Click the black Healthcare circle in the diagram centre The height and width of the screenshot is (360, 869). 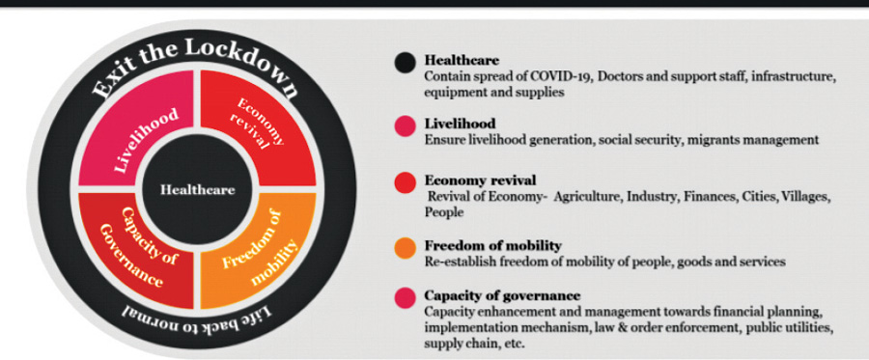click(197, 189)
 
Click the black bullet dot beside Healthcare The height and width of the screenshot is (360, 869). click(406, 62)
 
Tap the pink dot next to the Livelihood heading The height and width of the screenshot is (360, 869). click(406, 125)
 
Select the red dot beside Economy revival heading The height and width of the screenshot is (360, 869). click(406, 183)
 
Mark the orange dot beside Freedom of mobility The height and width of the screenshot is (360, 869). click(406, 248)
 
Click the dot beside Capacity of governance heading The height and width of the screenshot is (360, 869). click(406, 297)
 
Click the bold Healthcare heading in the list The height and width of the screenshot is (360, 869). click(462, 60)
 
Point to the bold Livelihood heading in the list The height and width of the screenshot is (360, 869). click(460, 123)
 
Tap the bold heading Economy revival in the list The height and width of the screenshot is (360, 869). click(480, 180)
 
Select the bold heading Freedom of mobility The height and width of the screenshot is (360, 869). click(493, 245)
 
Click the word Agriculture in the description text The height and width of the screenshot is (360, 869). click(587, 198)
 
